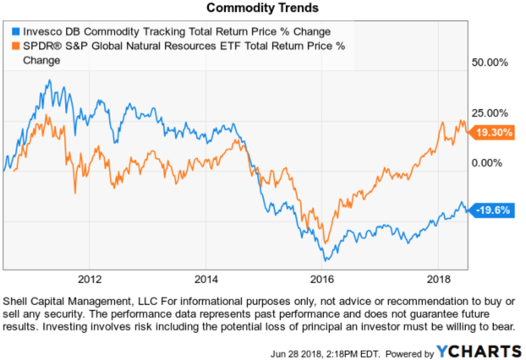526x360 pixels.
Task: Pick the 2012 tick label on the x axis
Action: pos(90,278)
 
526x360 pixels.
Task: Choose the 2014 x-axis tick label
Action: pos(205,278)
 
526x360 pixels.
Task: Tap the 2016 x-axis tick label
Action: pos(321,278)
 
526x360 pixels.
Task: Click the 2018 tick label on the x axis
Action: pos(437,278)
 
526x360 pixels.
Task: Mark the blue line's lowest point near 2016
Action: pos(324,260)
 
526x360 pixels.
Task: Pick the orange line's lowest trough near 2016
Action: pos(322,243)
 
